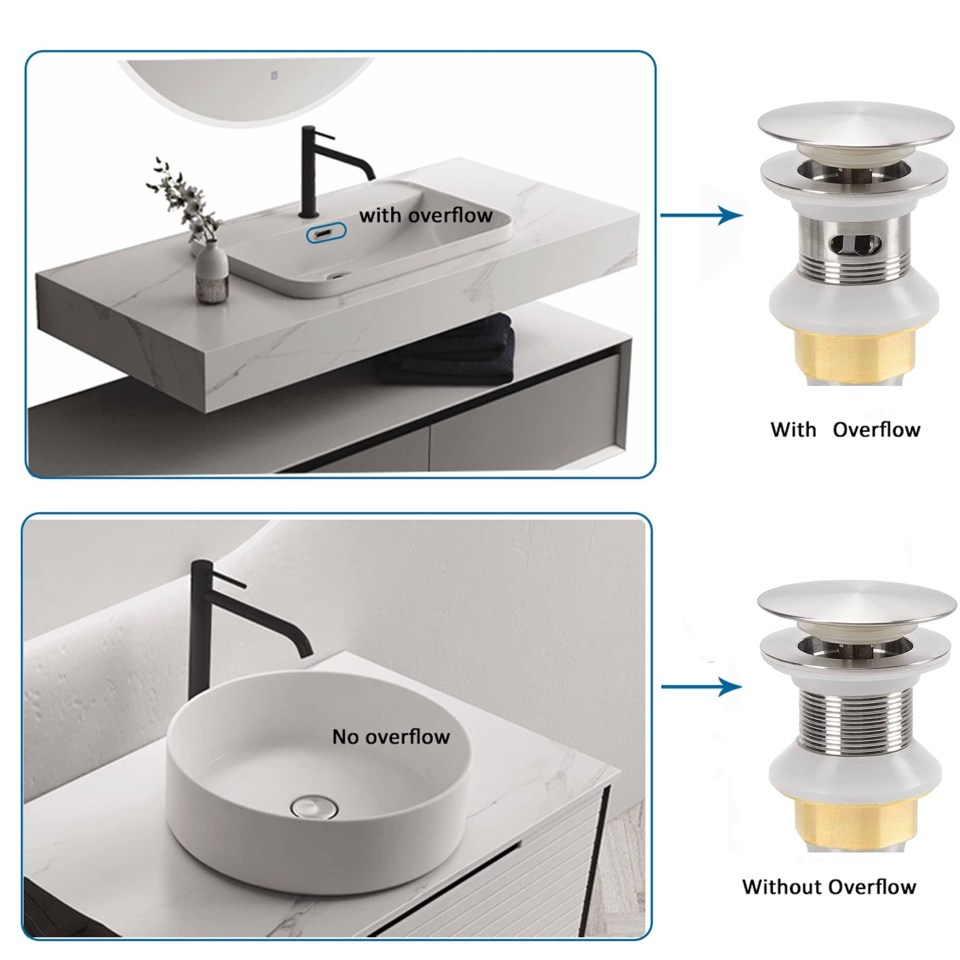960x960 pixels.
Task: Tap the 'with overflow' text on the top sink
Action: pyautogui.click(x=426, y=215)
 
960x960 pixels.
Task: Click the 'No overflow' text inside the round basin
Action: pyautogui.click(x=391, y=736)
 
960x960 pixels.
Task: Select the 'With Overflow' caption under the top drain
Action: pyautogui.click(x=845, y=429)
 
